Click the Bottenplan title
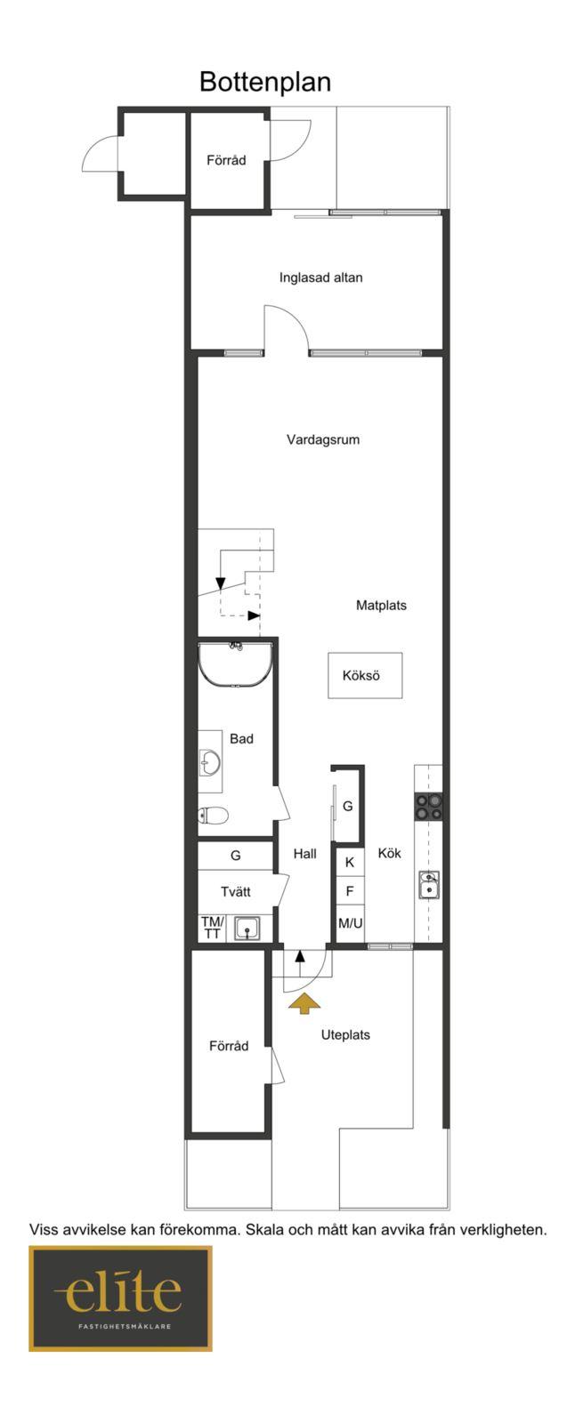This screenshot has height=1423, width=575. pyautogui.click(x=265, y=82)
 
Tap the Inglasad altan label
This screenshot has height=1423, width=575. pyautogui.click(x=320, y=277)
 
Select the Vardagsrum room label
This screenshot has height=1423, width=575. pyautogui.click(x=323, y=439)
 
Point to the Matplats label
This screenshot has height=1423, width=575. pyautogui.click(x=381, y=606)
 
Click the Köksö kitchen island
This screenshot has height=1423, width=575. pyautogui.click(x=365, y=675)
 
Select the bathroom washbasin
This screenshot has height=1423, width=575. pyautogui.click(x=209, y=761)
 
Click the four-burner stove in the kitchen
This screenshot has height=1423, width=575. pyautogui.click(x=429, y=807)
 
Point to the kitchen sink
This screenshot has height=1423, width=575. pyautogui.click(x=429, y=885)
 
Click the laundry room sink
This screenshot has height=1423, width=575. pyautogui.click(x=247, y=929)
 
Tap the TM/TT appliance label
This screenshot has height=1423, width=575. pyautogui.click(x=212, y=928)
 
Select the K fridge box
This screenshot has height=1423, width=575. pyautogui.click(x=350, y=862)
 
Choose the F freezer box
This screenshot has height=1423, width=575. pyautogui.click(x=350, y=891)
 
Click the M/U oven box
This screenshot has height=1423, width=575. pyautogui.click(x=350, y=923)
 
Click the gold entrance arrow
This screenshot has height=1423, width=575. pyautogui.click(x=304, y=1004)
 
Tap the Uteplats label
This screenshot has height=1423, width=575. pyautogui.click(x=345, y=1035)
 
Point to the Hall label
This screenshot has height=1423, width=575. pyautogui.click(x=304, y=854)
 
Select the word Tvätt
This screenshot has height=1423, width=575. pyautogui.click(x=235, y=891)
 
